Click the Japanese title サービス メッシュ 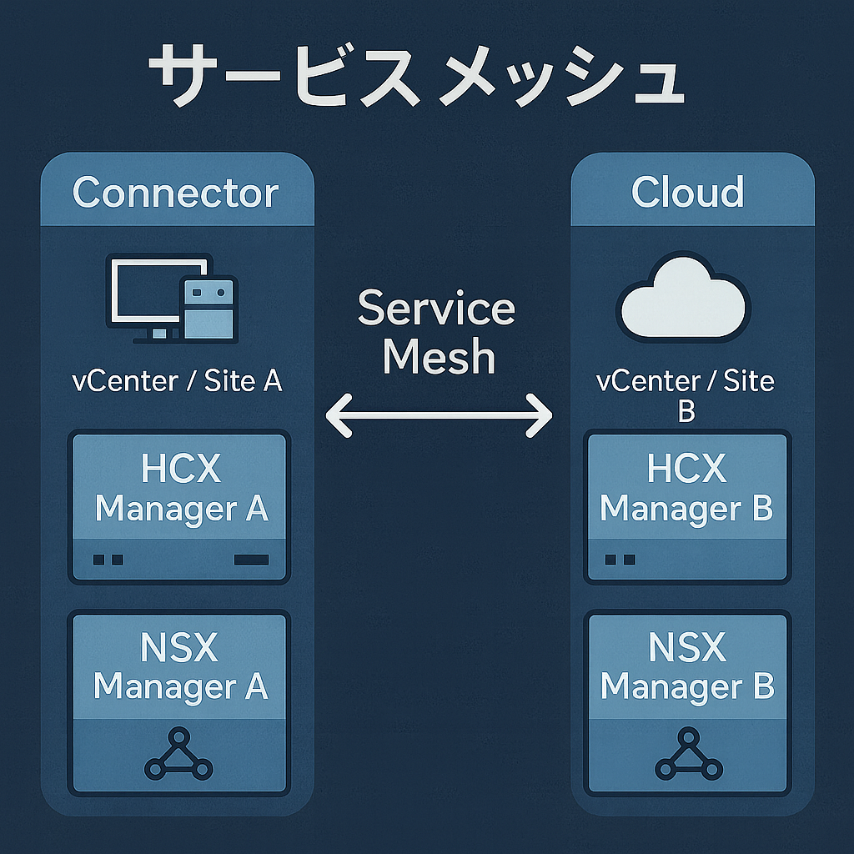414,78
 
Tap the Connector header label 175,193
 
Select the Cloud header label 687,193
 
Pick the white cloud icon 683,297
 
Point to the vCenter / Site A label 177,381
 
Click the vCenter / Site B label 686,394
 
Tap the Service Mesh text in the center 438,333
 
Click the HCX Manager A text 180,489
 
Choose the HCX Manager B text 686,489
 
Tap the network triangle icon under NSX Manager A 178,756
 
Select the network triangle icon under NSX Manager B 688,756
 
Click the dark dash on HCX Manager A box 251,560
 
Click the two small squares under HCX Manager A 108,560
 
